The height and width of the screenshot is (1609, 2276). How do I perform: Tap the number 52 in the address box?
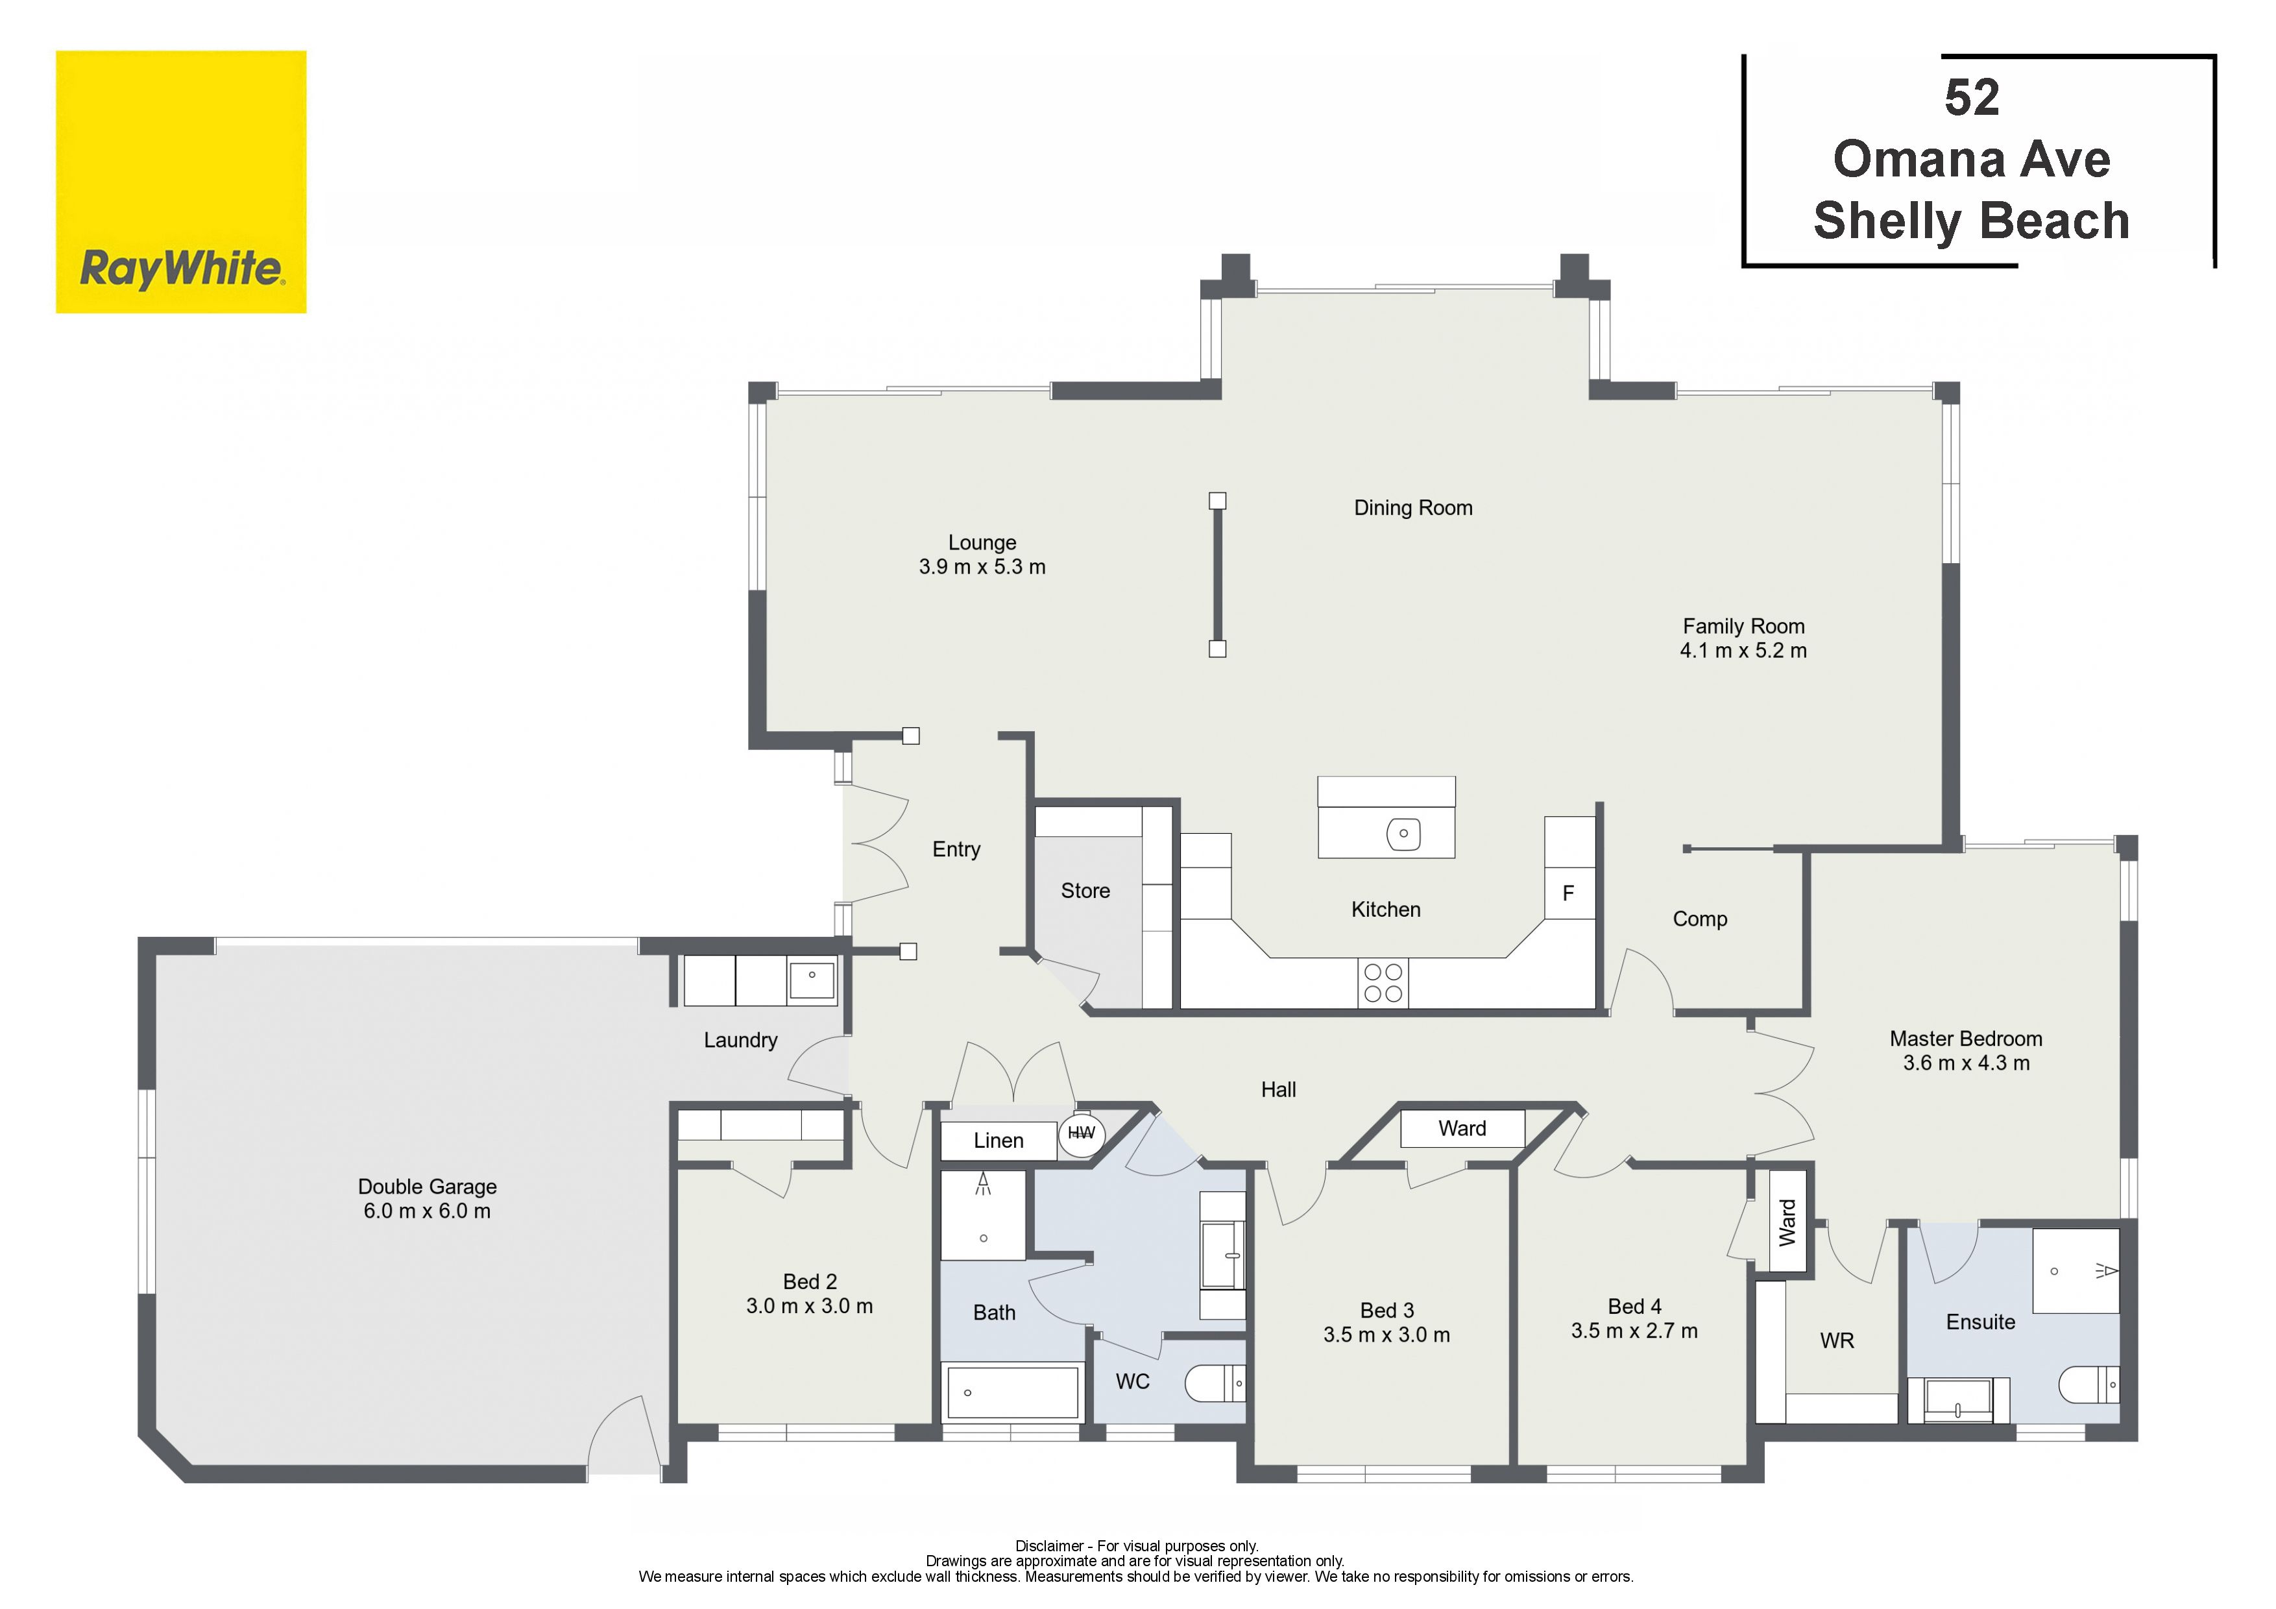pos(1972,98)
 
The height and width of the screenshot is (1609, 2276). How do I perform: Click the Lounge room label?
pos(982,542)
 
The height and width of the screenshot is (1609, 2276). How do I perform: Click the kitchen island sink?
pos(1403,833)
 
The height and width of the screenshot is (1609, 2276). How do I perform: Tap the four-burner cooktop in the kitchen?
pos(1383,982)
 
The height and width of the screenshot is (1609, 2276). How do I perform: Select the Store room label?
pos(1085,890)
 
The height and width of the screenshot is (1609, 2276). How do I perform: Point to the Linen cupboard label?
pos(999,1140)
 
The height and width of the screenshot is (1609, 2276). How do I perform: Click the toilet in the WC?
pos(1215,1383)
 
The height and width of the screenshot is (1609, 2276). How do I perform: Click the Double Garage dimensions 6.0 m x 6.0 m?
pos(428,1211)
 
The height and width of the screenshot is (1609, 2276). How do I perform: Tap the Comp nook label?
pos(1700,919)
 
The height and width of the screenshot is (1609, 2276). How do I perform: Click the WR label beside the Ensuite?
pos(1837,1340)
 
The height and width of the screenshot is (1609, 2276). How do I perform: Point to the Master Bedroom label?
pos(1966,1038)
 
